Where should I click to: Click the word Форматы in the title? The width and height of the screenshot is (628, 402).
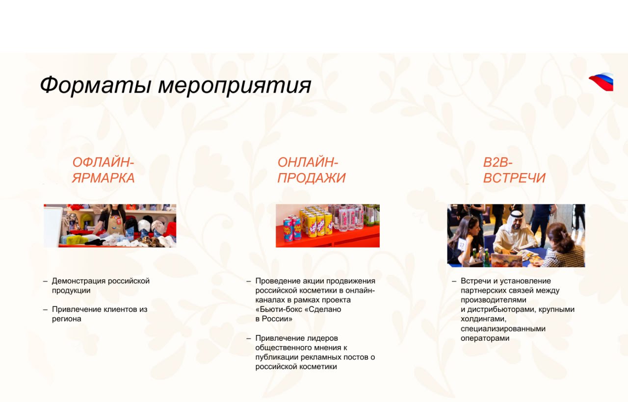coord(95,85)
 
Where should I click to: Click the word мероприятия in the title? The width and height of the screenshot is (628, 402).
coord(234,86)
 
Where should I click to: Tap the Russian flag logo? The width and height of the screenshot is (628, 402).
coord(602,81)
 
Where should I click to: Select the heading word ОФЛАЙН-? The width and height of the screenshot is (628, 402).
coord(103,163)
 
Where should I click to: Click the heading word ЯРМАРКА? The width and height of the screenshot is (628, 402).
coord(103,178)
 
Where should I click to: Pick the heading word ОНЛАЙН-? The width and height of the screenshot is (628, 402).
coord(308,163)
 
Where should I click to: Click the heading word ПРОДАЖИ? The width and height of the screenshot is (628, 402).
coord(312,178)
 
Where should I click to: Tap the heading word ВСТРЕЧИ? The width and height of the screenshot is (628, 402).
coord(514,178)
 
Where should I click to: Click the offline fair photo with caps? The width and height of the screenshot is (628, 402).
coord(110,226)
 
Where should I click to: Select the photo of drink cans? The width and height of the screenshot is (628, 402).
coord(327,226)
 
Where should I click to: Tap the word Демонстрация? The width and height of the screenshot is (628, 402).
coord(79,281)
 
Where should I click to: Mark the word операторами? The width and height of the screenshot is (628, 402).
coord(485,338)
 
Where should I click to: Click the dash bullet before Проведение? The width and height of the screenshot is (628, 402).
coord(249,281)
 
